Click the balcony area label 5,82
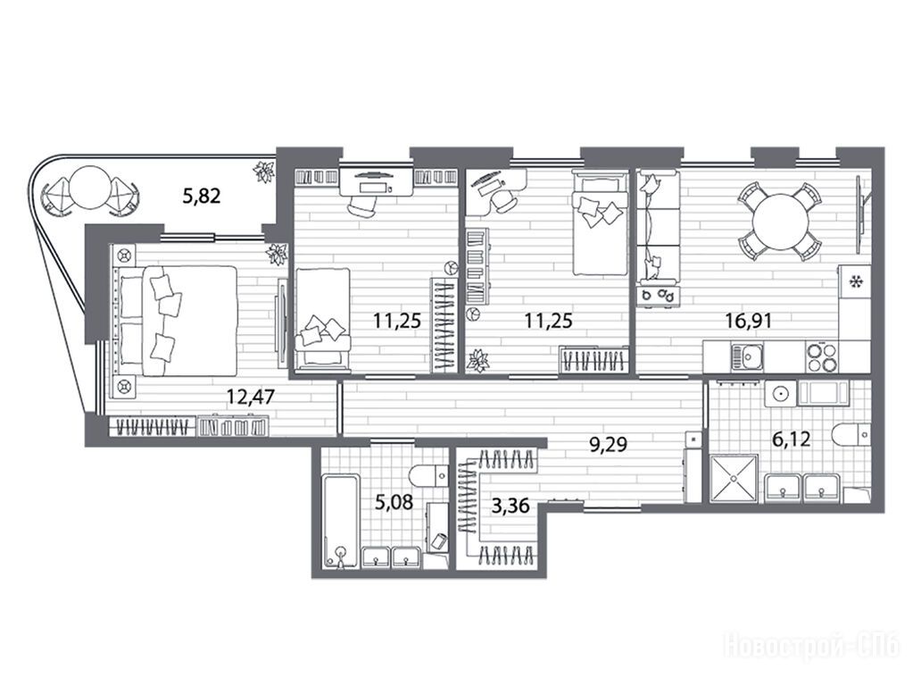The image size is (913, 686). [202, 196]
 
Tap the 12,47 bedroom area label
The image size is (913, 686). [251, 397]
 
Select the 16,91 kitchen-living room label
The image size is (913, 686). [748, 320]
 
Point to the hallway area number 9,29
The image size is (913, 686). [608, 445]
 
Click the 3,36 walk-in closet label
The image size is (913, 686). [510, 506]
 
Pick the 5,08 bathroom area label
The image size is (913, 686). [394, 502]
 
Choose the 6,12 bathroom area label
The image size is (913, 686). [791, 439]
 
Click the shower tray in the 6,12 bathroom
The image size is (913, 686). [734, 478]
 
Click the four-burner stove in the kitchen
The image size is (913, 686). [823, 356]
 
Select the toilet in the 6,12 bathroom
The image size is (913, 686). [851, 435]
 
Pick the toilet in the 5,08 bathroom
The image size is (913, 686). [429, 475]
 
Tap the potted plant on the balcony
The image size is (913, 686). [262, 171]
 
